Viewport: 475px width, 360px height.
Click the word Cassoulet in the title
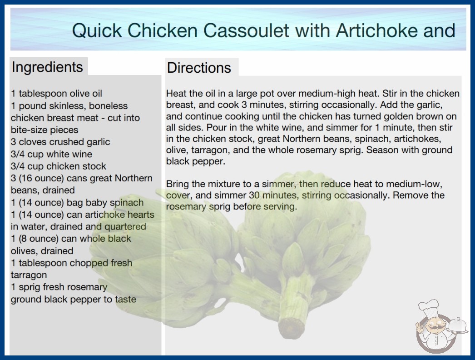(246, 30)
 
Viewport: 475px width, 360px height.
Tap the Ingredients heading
(47, 67)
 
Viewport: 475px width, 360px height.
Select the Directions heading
(199, 68)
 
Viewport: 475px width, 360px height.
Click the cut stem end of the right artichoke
(291, 328)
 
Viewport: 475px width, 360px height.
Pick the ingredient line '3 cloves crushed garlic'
(60, 142)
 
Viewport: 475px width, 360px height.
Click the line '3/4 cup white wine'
(51, 154)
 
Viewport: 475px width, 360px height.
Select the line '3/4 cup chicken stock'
(59, 166)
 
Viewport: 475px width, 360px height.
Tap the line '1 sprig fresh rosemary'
(59, 287)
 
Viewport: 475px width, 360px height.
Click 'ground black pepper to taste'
(74, 300)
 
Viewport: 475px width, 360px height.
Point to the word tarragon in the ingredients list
(29, 275)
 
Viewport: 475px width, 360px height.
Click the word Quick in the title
(97, 30)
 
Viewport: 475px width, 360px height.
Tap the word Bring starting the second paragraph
(178, 184)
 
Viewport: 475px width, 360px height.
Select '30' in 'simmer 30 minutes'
(254, 195)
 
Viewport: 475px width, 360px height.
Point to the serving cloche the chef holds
(457, 325)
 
